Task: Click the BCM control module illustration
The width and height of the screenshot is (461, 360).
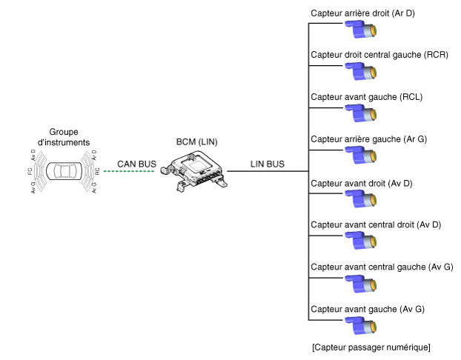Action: coord(194,171)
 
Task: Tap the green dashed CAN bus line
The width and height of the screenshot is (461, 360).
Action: coord(129,171)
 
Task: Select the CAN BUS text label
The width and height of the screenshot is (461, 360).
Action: coord(136,164)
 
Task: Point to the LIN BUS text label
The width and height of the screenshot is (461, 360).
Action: coord(268,164)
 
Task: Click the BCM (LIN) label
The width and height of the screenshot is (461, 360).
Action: coord(196,142)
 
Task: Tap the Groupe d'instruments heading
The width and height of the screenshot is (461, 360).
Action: coord(64,137)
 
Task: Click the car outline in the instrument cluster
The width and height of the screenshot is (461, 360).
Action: coord(64,171)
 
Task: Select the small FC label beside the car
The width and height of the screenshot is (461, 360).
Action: coord(30,171)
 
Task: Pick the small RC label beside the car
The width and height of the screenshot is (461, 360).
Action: coord(97,171)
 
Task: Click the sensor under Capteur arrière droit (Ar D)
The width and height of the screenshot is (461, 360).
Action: coord(361,30)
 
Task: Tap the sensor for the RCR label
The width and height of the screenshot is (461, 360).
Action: coord(361,72)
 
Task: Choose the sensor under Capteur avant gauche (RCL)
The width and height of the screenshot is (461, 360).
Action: coord(361,113)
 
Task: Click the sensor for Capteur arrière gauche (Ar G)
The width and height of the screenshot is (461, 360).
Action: coord(361,155)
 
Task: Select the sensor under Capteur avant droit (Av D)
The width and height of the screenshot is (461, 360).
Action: coord(361,199)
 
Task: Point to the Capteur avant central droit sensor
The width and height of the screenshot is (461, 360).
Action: coord(361,241)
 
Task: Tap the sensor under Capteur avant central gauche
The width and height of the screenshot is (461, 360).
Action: coord(361,284)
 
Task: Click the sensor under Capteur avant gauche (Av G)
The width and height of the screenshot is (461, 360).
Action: coord(361,326)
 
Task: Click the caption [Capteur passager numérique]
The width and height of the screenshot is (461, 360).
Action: coord(371,347)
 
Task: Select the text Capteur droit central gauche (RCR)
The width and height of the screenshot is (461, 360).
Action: coord(379,55)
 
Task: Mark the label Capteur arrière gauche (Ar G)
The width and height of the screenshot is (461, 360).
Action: coord(368,139)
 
